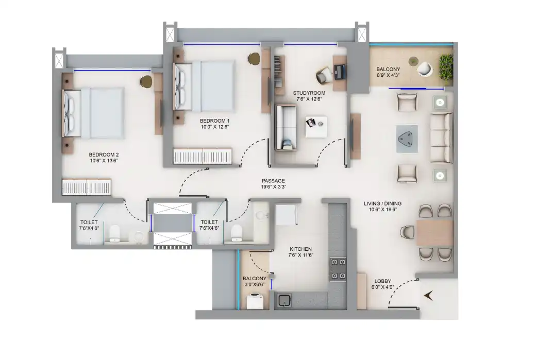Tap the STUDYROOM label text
(309, 93)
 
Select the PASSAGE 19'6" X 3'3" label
(273, 184)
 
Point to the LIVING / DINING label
(382, 203)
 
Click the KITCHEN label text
(300, 249)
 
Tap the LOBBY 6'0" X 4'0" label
(382, 284)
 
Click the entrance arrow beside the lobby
(428, 296)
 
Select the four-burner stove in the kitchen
(338, 269)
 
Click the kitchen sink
(284, 300)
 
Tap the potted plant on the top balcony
(446, 68)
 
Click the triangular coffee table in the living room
(407, 139)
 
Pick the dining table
(435, 233)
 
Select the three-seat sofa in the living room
(441, 138)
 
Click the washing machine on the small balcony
(255, 302)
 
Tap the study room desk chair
(324, 75)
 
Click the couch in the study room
(285, 127)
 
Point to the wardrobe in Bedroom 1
(203, 156)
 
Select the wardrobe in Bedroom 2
(87, 187)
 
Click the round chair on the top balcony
(425, 69)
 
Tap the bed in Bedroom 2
(93, 113)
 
